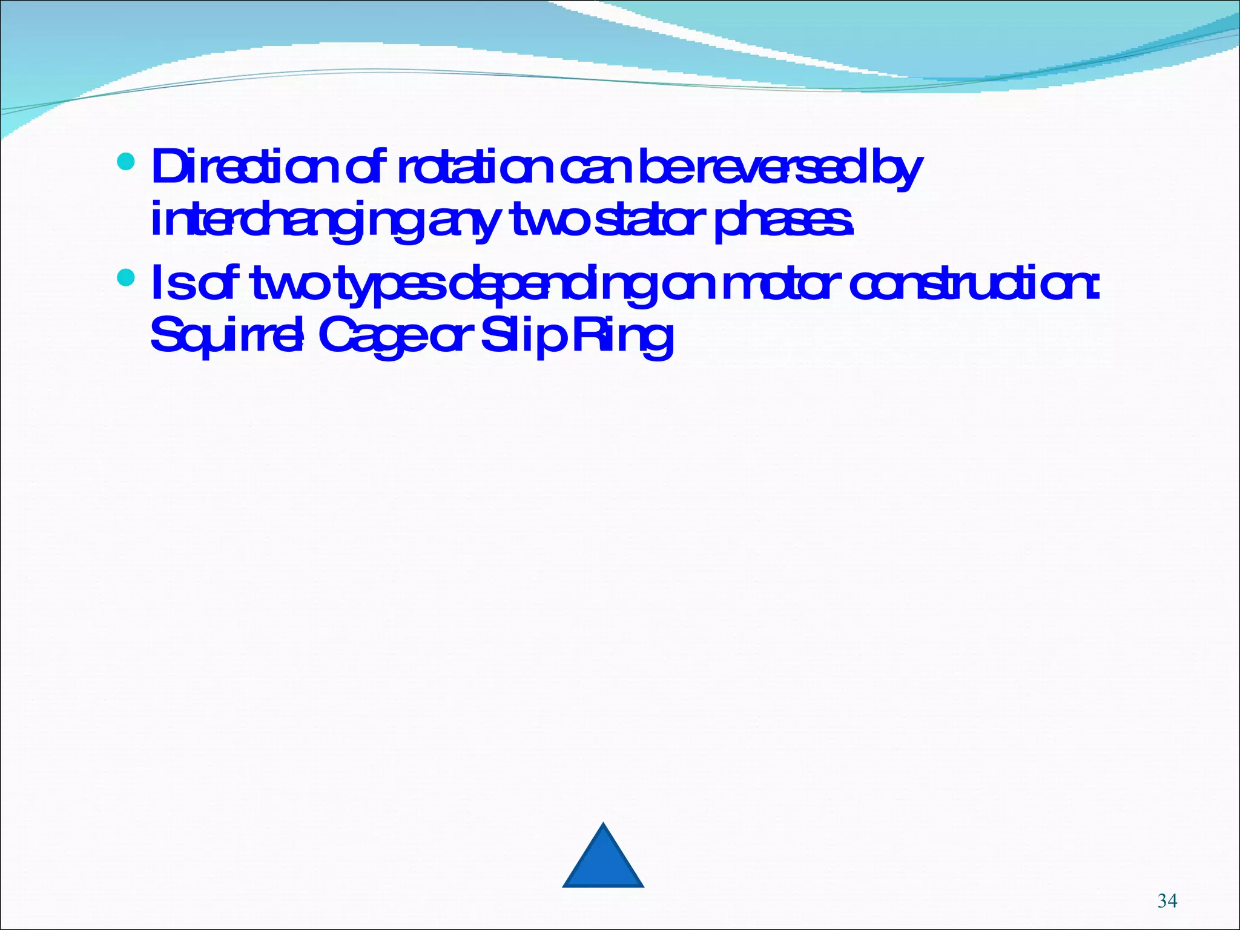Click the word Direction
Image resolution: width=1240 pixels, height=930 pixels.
coord(242,168)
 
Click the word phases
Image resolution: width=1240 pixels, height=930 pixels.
coord(784,221)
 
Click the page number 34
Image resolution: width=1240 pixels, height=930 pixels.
coord(1167,901)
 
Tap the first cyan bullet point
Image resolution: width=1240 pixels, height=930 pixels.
coord(126,162)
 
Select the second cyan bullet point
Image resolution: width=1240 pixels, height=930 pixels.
coord(126,278)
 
